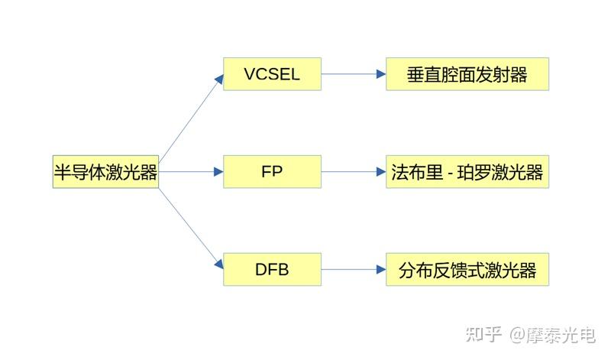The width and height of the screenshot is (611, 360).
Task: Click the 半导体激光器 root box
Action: [105, 171]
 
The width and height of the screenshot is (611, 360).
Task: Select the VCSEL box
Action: [272, 74]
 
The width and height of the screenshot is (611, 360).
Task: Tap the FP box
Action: [272, 171]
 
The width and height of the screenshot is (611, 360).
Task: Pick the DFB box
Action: [272, 269]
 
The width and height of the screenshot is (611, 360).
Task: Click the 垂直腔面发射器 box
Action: [467, 74]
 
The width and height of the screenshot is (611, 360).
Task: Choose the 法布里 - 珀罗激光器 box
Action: [467, 171]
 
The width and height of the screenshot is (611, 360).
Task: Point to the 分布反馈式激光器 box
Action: [467, 269]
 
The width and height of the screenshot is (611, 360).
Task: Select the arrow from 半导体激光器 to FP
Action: [191, 171]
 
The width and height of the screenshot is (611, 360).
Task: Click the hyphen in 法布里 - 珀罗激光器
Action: [451, 173]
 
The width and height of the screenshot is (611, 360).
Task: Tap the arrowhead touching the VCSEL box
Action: [219, 78]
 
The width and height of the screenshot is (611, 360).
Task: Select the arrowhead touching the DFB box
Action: [219, 264]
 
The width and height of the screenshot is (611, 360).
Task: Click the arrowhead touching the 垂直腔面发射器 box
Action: [381, 74]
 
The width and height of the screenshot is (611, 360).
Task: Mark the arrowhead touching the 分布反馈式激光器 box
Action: [381, 269]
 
